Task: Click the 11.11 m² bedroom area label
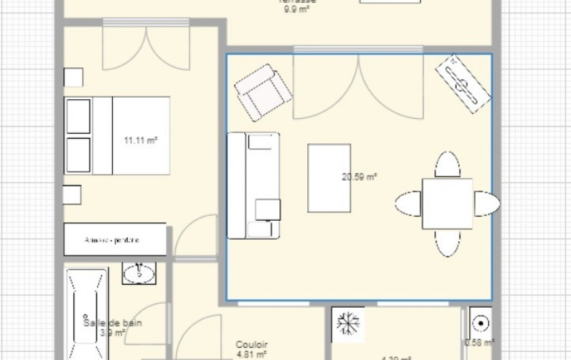pos(141,141)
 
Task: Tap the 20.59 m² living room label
pos(360,177)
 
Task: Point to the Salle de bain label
pos(113,323)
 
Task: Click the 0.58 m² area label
pos(479,342)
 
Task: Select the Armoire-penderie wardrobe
pos(115,240)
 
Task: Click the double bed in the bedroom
pos(117,136)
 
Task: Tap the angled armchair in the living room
pos(263,92)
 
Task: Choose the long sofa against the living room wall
pos(253,185)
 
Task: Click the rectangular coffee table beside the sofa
pos(329,178)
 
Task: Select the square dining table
pos(447,204)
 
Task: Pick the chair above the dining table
pos(447,165)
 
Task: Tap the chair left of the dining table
pos(409,204)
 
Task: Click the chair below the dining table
pos(447,242)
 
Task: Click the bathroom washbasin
pos(139,273)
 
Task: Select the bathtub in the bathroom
pos(86,314)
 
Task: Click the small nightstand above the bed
pos(73,77)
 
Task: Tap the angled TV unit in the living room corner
pos(463,84)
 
